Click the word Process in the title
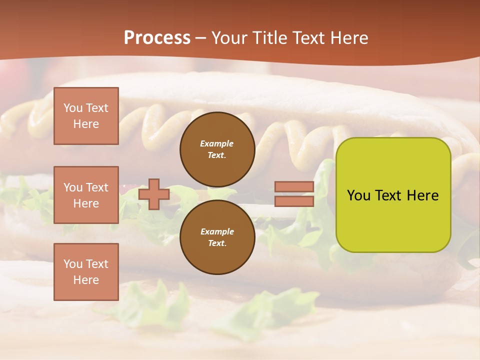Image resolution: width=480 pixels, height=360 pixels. (157, 38)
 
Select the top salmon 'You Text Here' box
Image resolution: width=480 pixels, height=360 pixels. (86, 116)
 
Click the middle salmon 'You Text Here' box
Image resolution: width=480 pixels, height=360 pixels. (86, 195)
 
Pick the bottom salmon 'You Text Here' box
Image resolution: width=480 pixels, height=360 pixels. (86, 272)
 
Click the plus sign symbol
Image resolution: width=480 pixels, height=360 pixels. (154, 194)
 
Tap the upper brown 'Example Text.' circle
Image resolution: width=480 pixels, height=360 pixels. (217, 149)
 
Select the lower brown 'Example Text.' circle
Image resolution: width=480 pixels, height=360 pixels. (217, 237)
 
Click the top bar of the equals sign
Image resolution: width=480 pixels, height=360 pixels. (294, 187)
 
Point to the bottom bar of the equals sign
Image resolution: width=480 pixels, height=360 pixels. (294, 201)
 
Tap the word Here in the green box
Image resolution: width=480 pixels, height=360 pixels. (423, 195)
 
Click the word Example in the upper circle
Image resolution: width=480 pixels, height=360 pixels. (217, 143)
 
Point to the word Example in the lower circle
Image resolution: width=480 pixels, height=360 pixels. (217, 231)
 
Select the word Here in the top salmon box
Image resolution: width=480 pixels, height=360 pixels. (86, 124)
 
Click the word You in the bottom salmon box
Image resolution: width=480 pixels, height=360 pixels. (73, 264)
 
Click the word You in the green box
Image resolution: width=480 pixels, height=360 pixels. (358, 195)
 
